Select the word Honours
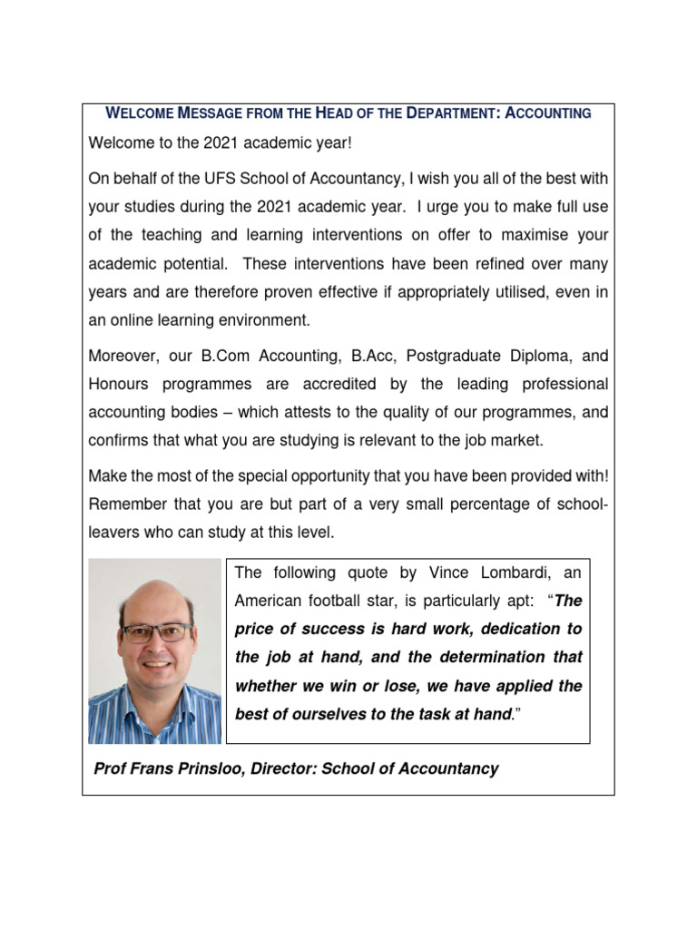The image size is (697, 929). pyautogui.click(x=123, y=384)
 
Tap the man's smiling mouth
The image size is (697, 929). pyautogui.click(x=156, y=664)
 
